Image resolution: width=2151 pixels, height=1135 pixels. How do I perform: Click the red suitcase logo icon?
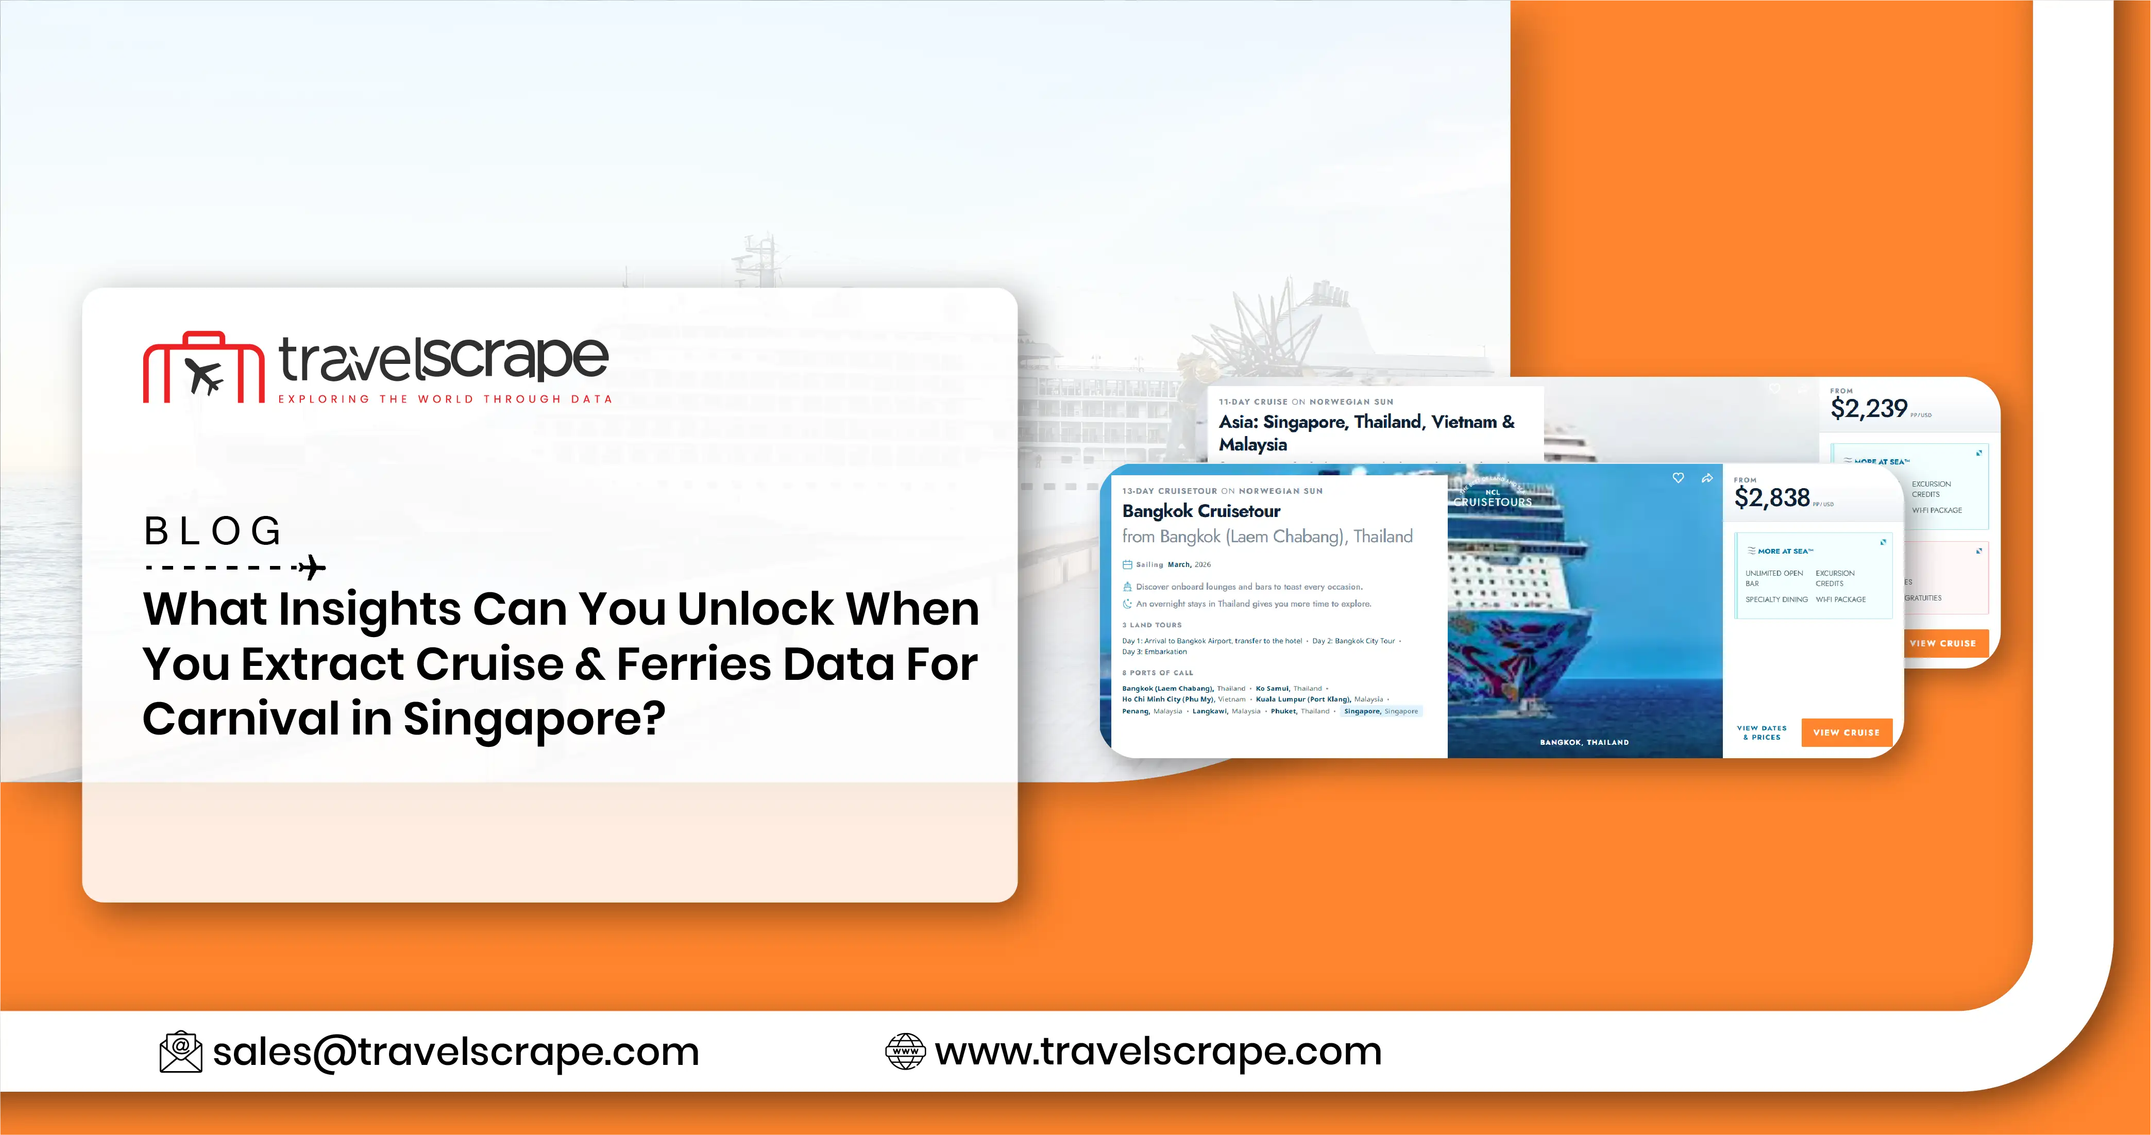[x=204, y=369]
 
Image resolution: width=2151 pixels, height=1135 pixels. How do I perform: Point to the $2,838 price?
[x=1772, y=498]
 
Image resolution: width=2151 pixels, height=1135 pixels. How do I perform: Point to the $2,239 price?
[x=1869, y=408]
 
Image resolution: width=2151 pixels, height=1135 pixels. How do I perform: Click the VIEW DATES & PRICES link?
[x=1762, y=732]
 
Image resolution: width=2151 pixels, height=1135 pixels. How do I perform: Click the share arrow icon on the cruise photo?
[x=1707, y=478]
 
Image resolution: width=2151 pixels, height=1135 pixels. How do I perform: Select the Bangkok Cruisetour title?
[x=1201, y=511]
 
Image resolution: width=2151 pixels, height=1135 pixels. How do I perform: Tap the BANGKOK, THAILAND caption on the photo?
[x=1584, y=742]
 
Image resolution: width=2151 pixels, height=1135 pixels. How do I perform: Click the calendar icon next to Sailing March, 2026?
[x=1127, y=564]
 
